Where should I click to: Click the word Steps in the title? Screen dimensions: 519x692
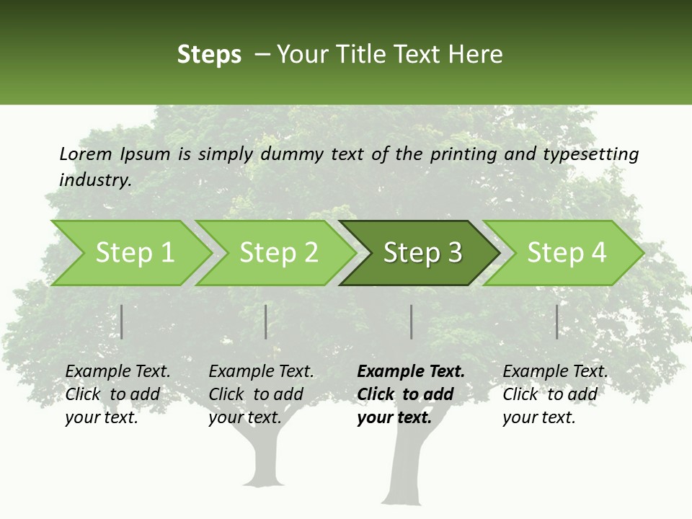[209, 54]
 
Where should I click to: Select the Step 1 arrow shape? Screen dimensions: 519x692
[130, 253]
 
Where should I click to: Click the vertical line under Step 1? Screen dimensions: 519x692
[122, 321]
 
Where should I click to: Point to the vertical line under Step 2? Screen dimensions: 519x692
[266, 321]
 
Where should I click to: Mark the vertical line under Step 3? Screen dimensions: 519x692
[411, 321]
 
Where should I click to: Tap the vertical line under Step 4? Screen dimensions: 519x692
[557, 321]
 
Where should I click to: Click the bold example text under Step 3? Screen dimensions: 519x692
[409, 394]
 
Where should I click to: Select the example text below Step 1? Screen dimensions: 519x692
[117, 394]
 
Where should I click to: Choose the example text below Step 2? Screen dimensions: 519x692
[260, 394]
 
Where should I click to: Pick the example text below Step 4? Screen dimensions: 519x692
[554, 394]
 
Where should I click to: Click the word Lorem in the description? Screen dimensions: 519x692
[86, 154]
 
